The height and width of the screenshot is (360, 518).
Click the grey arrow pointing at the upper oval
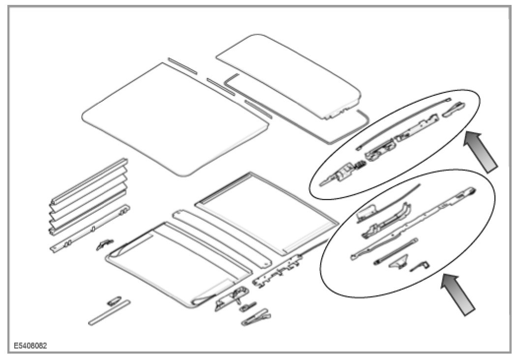tap(481, 152)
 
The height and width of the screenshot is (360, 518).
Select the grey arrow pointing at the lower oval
tap(458, 294)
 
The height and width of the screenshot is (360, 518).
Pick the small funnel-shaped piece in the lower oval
tap(397, 265)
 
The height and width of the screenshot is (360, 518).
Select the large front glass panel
tap(175, 118)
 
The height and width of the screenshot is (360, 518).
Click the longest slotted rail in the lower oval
tap(413, 221)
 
